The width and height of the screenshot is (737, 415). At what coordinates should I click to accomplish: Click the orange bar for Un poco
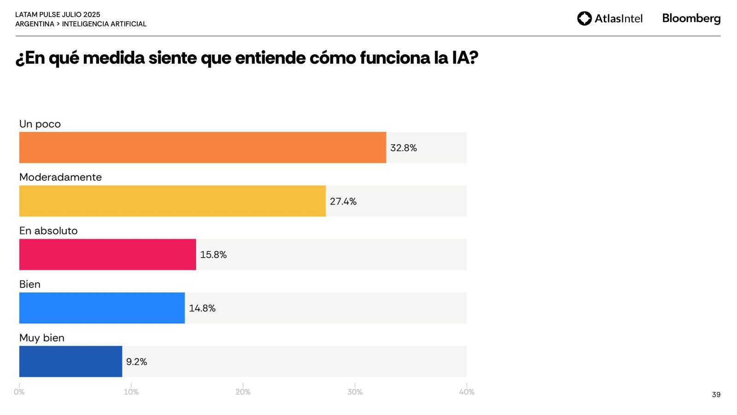point(203,148)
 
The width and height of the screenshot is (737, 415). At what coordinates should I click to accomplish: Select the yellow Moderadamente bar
point(172,201)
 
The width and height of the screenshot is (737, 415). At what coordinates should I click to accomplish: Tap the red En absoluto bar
point(107,255)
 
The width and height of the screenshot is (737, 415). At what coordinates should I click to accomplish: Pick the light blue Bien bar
point(102,308)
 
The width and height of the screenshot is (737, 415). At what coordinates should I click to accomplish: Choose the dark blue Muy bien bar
point(70,362)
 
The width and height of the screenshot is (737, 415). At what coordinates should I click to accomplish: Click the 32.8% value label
point(404,148)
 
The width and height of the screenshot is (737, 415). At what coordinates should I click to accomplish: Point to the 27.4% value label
point(343,202)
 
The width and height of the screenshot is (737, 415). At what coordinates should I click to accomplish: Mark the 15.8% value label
point(213,255)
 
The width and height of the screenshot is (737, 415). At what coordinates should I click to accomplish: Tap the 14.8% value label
point(202,308)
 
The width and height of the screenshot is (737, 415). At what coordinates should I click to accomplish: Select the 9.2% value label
point(136,362)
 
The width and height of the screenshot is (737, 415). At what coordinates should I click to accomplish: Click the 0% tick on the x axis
point(19,392)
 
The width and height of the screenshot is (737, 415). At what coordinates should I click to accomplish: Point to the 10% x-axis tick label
point(131,392)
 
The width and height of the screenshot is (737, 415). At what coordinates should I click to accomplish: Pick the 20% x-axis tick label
point(243,392)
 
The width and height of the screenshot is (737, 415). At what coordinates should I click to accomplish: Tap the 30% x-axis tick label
point(355,392)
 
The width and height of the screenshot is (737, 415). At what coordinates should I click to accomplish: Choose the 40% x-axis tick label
point(467,392)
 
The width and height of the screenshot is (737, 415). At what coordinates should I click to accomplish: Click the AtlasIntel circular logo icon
point(585,18)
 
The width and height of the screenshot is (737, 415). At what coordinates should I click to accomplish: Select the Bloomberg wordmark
point(691,18)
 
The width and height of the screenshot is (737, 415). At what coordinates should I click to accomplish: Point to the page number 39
point(716,395)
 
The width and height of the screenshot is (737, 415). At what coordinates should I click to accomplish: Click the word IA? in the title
point(465,58)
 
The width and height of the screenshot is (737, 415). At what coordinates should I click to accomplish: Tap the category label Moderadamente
point(60,177)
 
